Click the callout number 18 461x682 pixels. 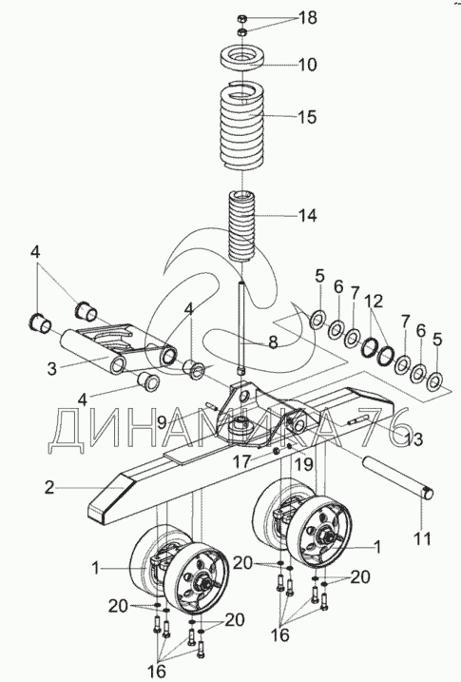point(307,18)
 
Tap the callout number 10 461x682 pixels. point(308,65)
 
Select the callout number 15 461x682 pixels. point(307,117)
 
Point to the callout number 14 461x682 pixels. point(307,215)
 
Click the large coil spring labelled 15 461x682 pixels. point(242,127)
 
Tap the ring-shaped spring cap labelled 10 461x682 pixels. point(242,59)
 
